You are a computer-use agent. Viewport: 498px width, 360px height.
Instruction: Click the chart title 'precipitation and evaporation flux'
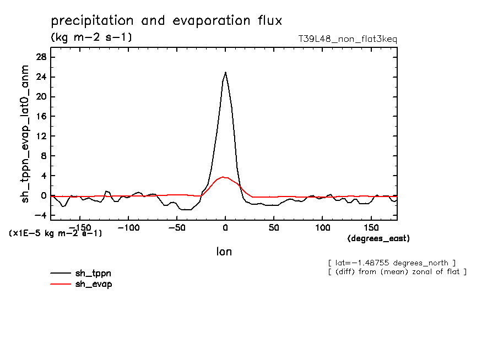tap(166, 21)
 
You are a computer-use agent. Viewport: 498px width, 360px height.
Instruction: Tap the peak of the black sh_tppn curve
tap(225, 72)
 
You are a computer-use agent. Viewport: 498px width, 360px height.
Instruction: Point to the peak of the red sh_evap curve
tap(223, 177)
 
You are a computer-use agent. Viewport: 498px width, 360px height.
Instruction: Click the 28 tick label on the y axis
tap(40, 57)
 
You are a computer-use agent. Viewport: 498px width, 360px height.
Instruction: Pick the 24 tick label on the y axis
tap(40, 77)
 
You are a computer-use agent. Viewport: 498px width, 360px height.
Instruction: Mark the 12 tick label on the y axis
tap(40, 137)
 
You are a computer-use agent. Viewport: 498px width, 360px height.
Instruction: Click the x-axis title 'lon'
tap(224, 252)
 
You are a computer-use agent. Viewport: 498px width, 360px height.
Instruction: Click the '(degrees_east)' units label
tap(378, 238)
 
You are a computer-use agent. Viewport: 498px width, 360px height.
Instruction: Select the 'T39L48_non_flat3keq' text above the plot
tap(347, 39)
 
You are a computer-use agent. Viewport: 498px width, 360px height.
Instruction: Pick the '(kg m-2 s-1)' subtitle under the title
tap(91, 37)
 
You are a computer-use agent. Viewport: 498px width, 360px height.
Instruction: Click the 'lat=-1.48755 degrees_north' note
tap(391, 263)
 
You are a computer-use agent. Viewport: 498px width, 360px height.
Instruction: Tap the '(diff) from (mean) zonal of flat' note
tap(397, 272)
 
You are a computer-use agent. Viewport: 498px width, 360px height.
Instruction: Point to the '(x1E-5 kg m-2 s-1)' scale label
tap(55, 233)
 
